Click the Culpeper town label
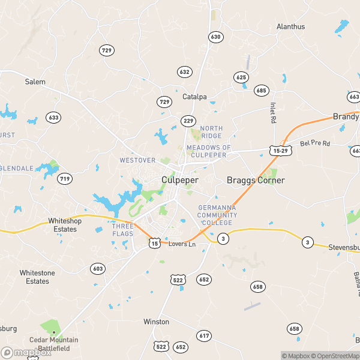pos(180,180)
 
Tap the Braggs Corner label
pos(255,180)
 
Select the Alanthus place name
pos(290,26)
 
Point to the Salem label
pos(35,82)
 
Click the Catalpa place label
pos(194,97)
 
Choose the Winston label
pos(156,322)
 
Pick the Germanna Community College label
pos(217,215)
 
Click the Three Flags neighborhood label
pos(122,230)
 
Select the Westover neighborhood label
pos(137,160)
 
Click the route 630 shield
pos(215,37)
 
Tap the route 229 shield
pos(188,121)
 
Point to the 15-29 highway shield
pos(280,150)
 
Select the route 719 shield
pos(65,178)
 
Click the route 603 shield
pos(98,268)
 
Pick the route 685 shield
pos(261,91)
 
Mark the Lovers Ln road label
pos(182,244)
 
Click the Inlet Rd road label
pos(272,110)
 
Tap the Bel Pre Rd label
pos(315,144)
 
